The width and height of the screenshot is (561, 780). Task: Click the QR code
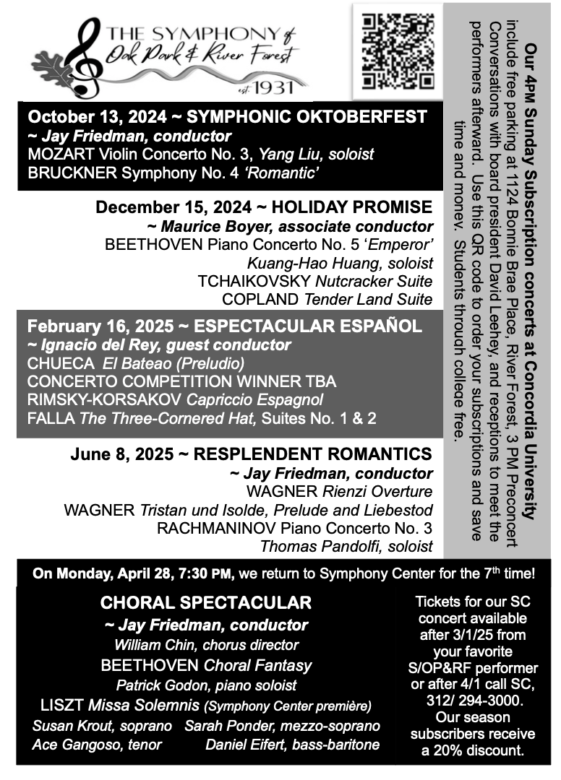tap(398, 50)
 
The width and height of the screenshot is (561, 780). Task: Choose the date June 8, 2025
tap(122, 454)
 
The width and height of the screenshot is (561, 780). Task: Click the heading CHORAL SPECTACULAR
tap(206, 602)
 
